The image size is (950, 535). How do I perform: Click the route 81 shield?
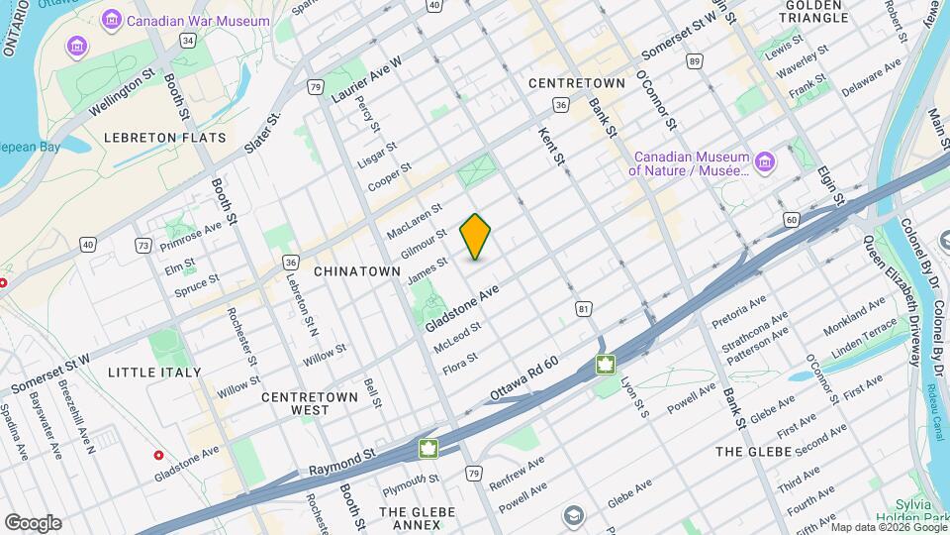(x=584, y=310)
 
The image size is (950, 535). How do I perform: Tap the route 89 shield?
(x=696, y=62)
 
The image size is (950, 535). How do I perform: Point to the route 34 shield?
(x=187, y=41)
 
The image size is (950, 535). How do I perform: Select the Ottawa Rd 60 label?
(x=524, y=379)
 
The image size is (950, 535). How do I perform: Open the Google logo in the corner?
(x=33, y=523)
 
